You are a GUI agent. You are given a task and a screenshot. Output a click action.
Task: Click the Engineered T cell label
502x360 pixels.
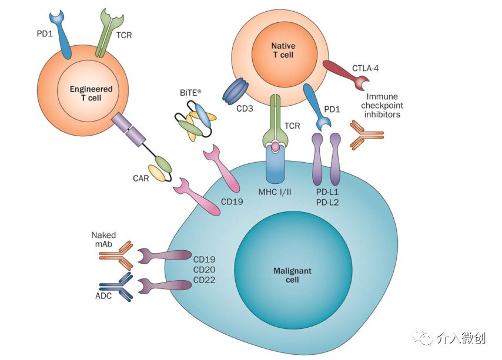coord(91,93)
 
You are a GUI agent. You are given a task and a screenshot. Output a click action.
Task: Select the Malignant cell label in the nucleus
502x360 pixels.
coord(292,275)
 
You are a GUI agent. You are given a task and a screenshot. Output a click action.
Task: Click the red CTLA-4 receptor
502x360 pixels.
coord(343,73)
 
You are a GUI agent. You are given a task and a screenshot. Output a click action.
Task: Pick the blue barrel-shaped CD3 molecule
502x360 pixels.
coord(236,92)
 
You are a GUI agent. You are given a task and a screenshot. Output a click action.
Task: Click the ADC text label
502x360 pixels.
coord(103,296)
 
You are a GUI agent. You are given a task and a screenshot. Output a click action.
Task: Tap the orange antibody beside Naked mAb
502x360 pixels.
coord(116,255)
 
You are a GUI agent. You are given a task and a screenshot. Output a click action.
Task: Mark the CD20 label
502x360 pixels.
coord(204,268)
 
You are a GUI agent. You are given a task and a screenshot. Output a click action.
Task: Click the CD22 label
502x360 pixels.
coord(204,280)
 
